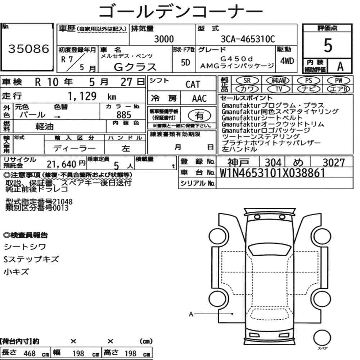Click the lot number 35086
point(29,49)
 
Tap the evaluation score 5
point(328,45)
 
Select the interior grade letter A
point(340,67)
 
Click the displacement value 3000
point(164,39)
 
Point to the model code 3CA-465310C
point(248,39)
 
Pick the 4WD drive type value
point(287,61)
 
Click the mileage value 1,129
point(82,96)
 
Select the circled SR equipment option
point(247,81)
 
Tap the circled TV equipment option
point(279,89)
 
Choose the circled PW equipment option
point(338,81)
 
